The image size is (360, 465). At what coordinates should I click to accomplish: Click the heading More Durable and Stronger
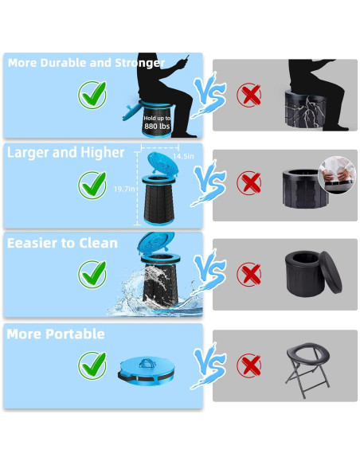pyautogui.click(x=85, y=63)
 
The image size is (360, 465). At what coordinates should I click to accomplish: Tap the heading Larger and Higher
pyautogui.click(x=66, y=153)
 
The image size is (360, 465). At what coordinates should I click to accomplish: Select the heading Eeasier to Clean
pyautogui.click(x=62, y=243)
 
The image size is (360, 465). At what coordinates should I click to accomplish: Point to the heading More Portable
pyautogui.click(x=56, y=334)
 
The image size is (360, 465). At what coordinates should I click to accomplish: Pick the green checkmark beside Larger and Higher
pyautogui.click(x=92, y=186)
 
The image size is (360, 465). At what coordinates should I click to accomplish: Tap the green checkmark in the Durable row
pyautogui.click(x=92, y=96)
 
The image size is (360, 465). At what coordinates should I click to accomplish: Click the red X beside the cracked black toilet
pyautogui.click(x=250, y=96)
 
